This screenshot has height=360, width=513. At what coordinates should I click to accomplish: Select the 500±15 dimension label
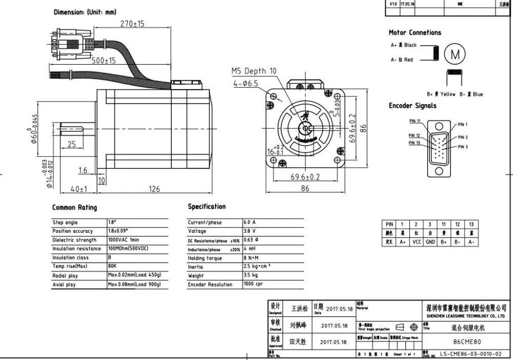pyautogui.click(x=104, y=61)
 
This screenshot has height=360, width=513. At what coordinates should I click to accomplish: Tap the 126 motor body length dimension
pyautogui.click(x=154, y=189)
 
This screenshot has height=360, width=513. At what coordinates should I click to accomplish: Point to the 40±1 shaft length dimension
pyautogui.click(x=79, y=189)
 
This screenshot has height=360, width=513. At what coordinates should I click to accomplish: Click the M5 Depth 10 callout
pyautogui.click(x=253, y=71)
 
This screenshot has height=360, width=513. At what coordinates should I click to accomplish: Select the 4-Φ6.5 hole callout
pyautogui.click(x=245, y=82)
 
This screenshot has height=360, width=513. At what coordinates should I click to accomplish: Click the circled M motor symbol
pyautogui.click(x=455, y=53)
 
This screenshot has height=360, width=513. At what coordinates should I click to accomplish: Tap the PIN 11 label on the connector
pyautogui.click(x=415, y=121)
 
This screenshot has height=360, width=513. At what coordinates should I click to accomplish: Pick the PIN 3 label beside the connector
pyautogui.click(x=463, y=147)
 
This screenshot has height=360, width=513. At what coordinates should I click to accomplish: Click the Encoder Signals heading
pyautogui.click(x=412, y=106)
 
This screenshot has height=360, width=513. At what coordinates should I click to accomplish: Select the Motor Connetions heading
pyautogui.click(x=415, y=33)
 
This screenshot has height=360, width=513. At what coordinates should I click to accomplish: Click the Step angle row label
pyautogui.click(x=65, y=223)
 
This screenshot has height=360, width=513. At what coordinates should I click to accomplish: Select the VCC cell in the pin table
pyautogui.click(x=417, y=242)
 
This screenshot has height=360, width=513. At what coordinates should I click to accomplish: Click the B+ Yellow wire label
pyautogui.click(x=441, y=94)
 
